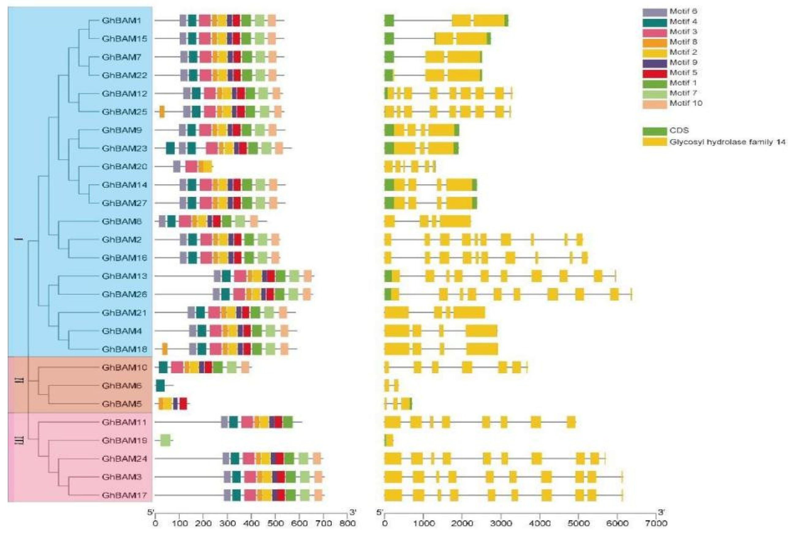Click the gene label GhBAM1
pyautogui.click(x=121, y=21)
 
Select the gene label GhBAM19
pyautogui.click(x=124, y=441)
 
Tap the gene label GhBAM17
pyautogui.click(x=124, y=495)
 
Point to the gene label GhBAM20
pyautogui.click(x=124, y=166)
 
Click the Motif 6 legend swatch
pyautogui.click(x=654, y=12)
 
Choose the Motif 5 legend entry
pyautogui.click(x=683, y=73)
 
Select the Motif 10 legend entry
pyautogui.click(x=685, y=103)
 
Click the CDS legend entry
pyautogui.click(x=679, y=131)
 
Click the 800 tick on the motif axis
pyautogui.click(x=347, y=523)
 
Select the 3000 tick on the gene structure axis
pyautogui.click(x=501, y=523)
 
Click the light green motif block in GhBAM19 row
pyautogui.click(x=165, y=441)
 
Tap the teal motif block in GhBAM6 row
pyautogui.click(x=160, y=386)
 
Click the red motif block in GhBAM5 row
pyautogui.click(x=183, y=404)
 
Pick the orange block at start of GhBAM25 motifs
pyautogui.click(x=162, y=112)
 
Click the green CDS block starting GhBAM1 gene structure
pyautogui.click(x=389, y=21)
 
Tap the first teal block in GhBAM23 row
pyautogui.click(x=170, y=148)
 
